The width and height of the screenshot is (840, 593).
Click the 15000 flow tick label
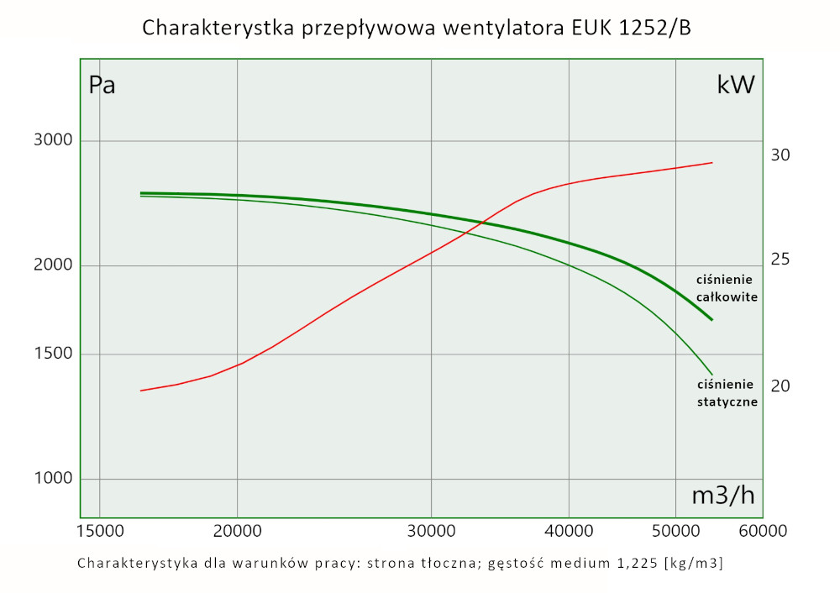point(99,532)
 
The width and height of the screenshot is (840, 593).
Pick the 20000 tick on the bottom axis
point(238,532)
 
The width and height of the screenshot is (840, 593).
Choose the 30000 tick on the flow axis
point(431,532)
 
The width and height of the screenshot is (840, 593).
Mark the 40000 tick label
point(569,532)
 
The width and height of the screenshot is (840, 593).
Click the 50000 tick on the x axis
point(676,532)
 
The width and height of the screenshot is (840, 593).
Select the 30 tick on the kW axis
point(780,155)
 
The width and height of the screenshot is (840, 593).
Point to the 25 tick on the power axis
point(780,260)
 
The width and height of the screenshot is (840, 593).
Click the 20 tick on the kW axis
point(780,386)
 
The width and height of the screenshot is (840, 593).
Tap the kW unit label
point(735,85)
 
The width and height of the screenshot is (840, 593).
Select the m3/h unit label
point(722,496)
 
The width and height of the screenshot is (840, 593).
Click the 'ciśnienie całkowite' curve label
point(727,288)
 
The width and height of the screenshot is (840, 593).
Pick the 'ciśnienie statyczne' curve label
point(727,393)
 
